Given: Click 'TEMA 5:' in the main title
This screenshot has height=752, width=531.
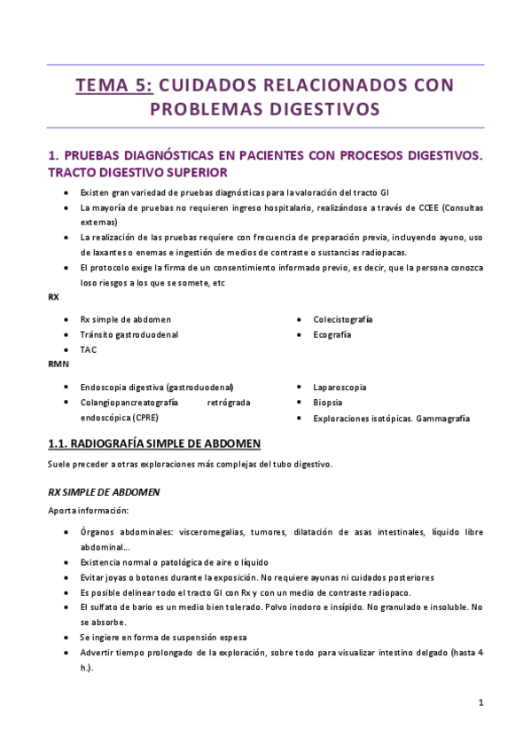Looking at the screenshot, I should click(x=114, y=85).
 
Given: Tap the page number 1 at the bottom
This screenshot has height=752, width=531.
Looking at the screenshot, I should click(x=480, y=702).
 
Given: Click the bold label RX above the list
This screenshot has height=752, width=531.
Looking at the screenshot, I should click(x=53, y=297).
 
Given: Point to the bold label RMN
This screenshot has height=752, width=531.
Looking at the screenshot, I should click(x=58, y=364).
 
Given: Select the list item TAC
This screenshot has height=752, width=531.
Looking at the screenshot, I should click(x=89, y=349).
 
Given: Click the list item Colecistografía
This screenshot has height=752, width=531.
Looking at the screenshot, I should click(x=342, y=319).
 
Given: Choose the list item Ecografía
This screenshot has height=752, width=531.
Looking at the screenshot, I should click(x=332, y=334).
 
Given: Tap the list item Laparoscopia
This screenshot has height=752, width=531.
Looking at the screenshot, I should click(x=340, y=388).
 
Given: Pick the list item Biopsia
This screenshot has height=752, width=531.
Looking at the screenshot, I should click(x=328, y=403).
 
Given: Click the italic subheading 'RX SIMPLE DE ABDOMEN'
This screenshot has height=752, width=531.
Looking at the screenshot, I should click(x=103, y=490).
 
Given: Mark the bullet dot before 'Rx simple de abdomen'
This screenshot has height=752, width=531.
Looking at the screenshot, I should click(x=67, y=319).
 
